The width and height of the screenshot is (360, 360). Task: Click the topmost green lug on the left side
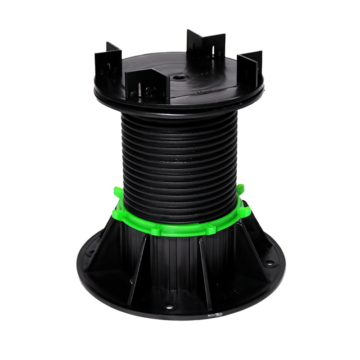pyautogui.click(x=118, y=193)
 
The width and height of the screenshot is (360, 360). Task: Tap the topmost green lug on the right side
pyautogui.click(x=241, y=189)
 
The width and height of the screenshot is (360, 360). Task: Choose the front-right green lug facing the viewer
pyautogui.click(x=210, y=229)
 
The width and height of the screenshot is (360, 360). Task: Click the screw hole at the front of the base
pyautogui.click(x=170, y=307)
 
